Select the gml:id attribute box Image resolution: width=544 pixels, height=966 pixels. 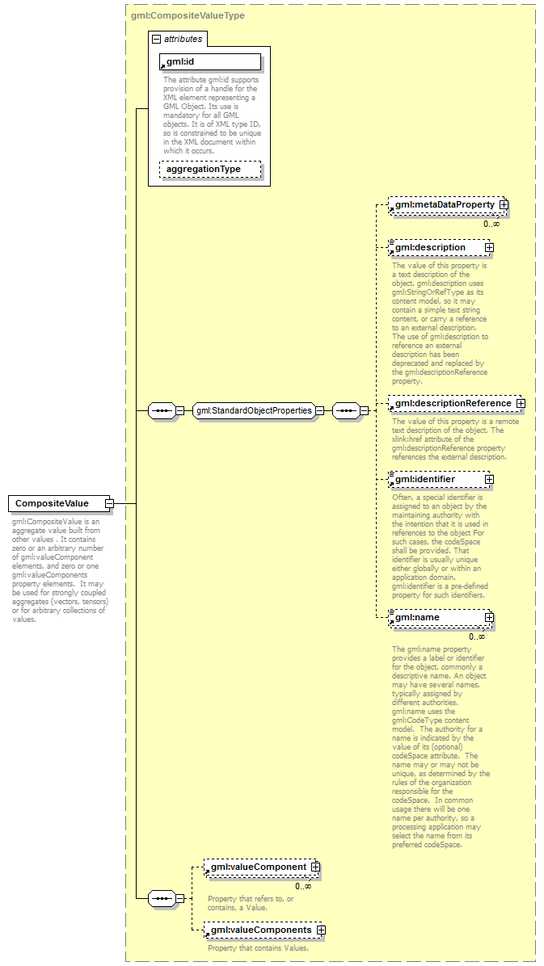[210, 62]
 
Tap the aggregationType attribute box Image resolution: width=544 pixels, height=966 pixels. [210, 170]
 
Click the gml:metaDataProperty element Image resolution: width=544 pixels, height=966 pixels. [444, 206]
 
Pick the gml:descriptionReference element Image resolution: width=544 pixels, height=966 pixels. [452, 403]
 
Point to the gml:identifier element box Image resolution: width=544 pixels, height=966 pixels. [436, 480]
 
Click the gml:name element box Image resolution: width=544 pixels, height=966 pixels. [436, 618]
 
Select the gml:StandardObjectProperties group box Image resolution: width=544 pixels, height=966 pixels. [254, 410]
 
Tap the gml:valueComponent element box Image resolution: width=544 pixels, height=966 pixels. [258, 867]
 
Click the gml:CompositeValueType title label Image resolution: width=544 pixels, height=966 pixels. [188, 15]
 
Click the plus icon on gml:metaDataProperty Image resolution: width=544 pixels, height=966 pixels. [504, 206]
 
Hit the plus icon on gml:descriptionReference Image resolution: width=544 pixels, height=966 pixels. [521, 403]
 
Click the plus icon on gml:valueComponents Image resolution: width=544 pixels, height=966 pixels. [321, 930]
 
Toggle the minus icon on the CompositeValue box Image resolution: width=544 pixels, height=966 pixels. [109, 504]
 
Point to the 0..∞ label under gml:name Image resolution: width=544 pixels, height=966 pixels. [477, 636]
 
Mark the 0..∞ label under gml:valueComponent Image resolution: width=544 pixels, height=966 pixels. [303, 886]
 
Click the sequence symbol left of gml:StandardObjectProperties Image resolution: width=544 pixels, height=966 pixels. [162, 410]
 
